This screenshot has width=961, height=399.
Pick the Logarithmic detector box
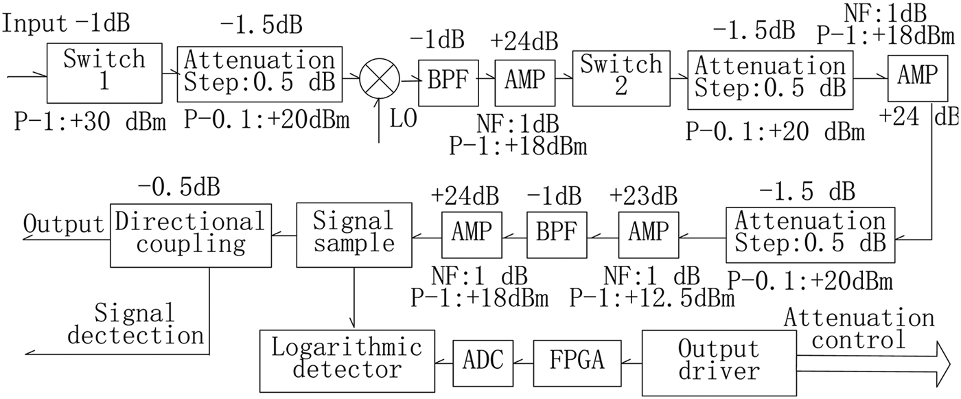point(346,358)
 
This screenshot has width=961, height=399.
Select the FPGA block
point(578,358)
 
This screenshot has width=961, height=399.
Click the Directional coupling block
point(189,233)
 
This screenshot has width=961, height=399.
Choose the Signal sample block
point(353,233)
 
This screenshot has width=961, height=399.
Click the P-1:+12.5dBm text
point(651,298)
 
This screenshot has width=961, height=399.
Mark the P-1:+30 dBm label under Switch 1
point(91,122)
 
